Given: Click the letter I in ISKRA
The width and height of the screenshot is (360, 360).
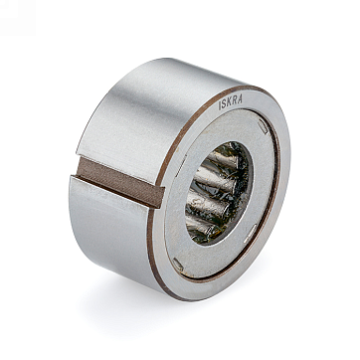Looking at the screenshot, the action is pos(220,105).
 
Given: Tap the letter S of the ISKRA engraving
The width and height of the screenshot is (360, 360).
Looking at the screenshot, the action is pos(225,103).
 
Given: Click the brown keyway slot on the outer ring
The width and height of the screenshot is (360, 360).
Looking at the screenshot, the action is pos(120,182).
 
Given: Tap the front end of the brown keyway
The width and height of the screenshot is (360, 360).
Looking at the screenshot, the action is pos(160,197).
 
